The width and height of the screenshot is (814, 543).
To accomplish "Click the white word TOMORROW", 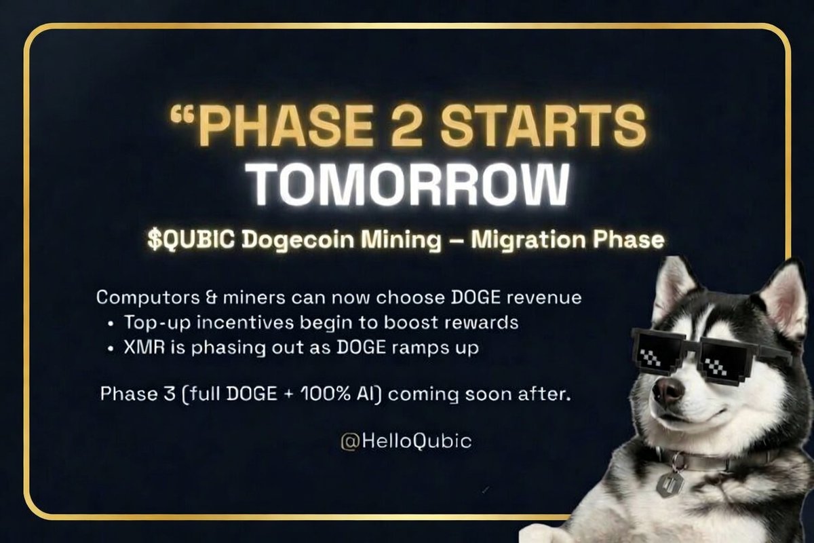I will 406,183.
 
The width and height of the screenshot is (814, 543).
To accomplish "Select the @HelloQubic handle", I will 406,441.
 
